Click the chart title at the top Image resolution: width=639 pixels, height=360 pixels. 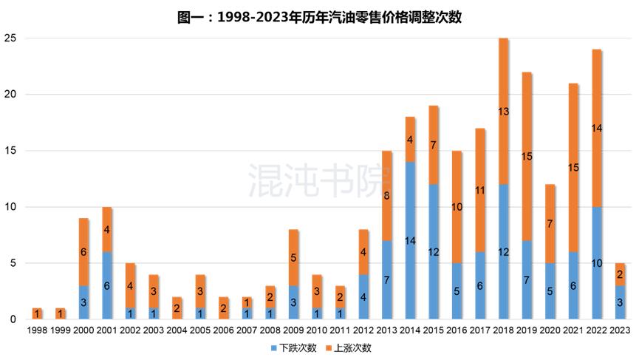(x=319, y=17)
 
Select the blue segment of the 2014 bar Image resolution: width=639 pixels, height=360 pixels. (x=410, y=240)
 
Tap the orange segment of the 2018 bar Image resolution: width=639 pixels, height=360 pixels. (x=504, y=111)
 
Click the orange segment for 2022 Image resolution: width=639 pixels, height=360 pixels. (x=597, y=128)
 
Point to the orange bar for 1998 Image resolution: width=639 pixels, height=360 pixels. (x=36, y=313)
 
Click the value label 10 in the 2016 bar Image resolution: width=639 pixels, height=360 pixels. (x=457, y=207)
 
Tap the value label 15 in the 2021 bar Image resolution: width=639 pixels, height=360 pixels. (x=574, y=168)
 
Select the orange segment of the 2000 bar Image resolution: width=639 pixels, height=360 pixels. (x=83, y=252)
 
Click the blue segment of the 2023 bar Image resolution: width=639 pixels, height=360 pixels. (x=621, y=302)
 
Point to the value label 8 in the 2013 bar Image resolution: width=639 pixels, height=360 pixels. (x=387, y=196)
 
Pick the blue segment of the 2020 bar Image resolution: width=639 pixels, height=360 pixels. (x=550, y=291)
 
